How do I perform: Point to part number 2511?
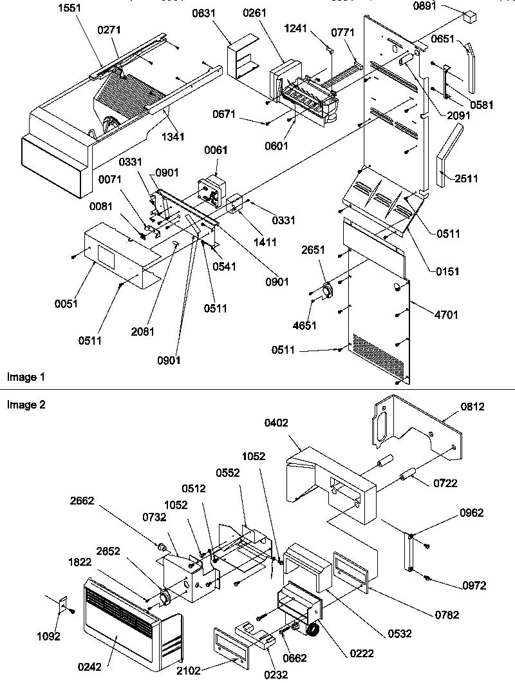[466, 178]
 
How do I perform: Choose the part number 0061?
[216, 150]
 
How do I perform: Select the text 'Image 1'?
[22, 377]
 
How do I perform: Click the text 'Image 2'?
[22, 405]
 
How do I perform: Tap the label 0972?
[473, 586]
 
